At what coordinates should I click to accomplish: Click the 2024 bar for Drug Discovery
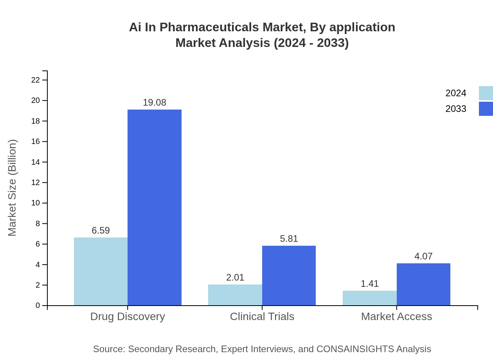(101, 271)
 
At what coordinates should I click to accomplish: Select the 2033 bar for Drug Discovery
(155, 207)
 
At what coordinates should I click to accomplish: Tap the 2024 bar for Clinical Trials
(235, 295)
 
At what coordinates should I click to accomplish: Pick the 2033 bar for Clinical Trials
(289, 275)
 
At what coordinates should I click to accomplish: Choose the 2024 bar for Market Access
(369, 298)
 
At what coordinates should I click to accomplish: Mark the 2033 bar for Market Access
(423, 284)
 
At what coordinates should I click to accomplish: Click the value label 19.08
(155, 103)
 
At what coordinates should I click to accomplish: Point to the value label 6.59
(101, 230)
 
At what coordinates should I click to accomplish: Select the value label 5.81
(289, 239)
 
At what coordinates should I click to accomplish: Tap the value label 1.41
(369, 284)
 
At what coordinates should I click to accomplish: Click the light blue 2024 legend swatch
(486, 93)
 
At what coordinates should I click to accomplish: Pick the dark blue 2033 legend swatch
(486, 109)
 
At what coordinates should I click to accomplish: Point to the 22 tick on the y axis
(36, 80)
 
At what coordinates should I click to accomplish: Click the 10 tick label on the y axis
(36, 203)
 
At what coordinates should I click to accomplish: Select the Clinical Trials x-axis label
(262, 316)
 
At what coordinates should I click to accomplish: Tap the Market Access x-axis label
(396, 316)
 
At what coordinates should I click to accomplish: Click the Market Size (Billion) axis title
(13, 188)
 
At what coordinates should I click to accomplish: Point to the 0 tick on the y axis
(38, 305)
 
